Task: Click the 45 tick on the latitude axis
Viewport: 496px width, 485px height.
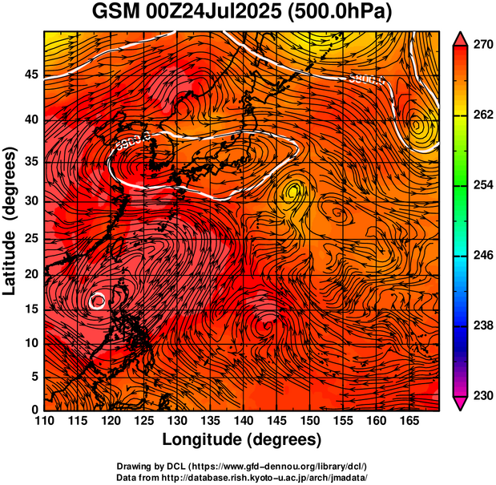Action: (30, 75)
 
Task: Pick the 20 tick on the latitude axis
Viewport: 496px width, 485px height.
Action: (30, 274)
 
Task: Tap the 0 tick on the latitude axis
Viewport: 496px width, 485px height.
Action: (34, 410)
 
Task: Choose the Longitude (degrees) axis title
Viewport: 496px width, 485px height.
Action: (242, 440)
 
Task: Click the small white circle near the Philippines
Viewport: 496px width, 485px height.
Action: (98, 301)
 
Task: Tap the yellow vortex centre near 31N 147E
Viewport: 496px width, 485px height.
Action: (293, 191)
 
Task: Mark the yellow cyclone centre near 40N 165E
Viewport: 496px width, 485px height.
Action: (417, 125)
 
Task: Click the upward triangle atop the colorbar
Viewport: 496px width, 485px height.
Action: (459, 38)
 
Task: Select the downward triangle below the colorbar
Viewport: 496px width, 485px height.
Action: (459, 404)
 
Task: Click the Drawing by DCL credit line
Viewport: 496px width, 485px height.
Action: (242, 466)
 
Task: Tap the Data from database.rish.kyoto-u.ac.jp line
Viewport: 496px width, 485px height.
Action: (242, 476)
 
